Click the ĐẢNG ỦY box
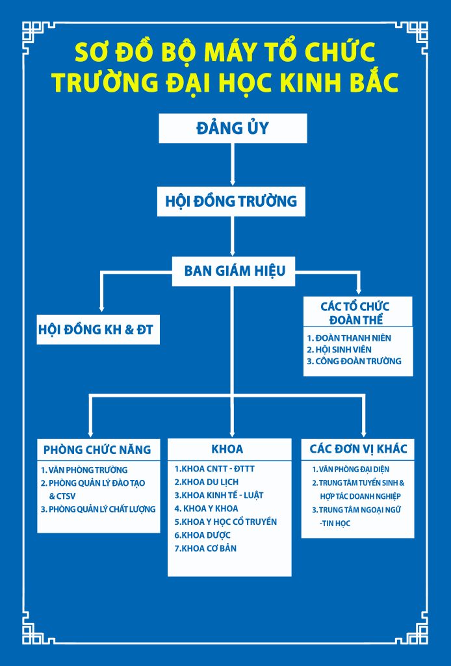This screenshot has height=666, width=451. tap(233, 128)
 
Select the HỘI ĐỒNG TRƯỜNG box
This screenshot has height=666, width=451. tap(231, 202)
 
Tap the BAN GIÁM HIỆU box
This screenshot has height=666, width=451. tap(234, 271)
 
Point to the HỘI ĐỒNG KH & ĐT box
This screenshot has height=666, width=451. tap(98, 330)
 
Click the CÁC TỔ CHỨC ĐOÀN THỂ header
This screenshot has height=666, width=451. tap(358, 313)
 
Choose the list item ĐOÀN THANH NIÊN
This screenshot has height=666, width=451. tap(349, 338)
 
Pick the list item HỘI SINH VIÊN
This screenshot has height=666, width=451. tap(339, 349)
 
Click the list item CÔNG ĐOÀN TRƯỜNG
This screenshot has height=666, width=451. tap(354, 361)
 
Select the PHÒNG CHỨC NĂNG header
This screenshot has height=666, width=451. tap(97, 450)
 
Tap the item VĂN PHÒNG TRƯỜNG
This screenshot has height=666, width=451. tap(84, 470)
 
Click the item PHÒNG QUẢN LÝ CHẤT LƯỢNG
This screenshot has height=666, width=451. tap(98, 509)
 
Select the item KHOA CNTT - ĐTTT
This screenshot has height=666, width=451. tap(214, 469)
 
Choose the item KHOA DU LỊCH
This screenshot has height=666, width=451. tap(207, 482)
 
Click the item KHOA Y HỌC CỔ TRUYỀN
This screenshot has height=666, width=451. tap(225, 522)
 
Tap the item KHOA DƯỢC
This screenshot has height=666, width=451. tap(202, 535)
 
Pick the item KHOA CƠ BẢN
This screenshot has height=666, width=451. tap(205, 548)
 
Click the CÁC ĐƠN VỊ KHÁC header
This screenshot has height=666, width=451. tap(358, 449)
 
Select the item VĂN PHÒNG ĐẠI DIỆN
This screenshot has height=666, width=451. tap(351, 470)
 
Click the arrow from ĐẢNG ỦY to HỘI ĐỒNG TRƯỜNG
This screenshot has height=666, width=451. tap(233, 165)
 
